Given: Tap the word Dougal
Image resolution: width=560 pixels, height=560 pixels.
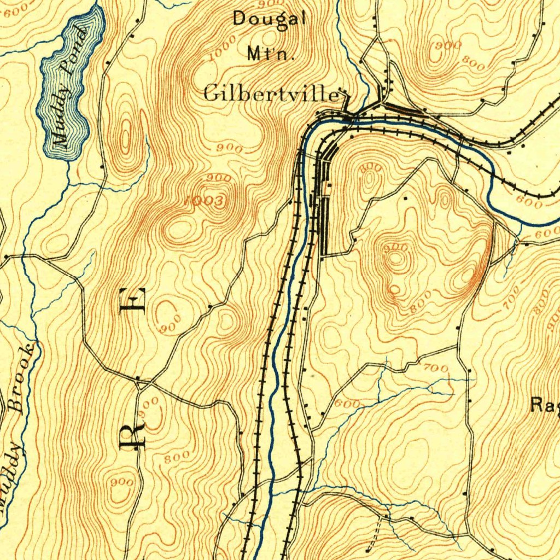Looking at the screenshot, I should [x=269, y=19].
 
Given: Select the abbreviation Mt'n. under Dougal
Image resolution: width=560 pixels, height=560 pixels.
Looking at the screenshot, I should [x=271, y=54].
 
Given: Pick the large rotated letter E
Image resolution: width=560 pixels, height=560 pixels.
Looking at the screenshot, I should [x=135, y=300].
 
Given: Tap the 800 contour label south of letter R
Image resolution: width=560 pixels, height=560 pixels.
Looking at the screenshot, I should [x=177, y=456].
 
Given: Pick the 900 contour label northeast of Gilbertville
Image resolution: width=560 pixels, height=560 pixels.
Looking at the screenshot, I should [x=448, y=46].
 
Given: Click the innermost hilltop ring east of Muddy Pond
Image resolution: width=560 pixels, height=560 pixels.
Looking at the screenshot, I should [x=126, y=134].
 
